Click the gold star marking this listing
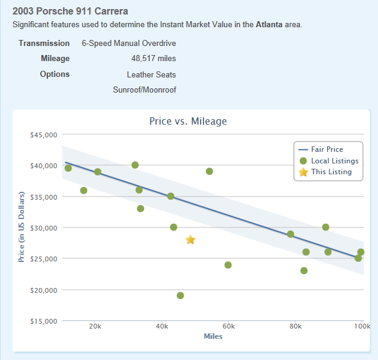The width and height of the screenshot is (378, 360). point(190,240)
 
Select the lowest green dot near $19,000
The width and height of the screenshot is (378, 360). point(180,296)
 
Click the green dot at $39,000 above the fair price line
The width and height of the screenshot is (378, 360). point(209,171)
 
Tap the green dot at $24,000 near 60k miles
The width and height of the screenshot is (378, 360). point(228,265)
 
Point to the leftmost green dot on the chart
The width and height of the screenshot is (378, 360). point(68,168)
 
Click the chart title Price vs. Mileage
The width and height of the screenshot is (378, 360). point(188,121)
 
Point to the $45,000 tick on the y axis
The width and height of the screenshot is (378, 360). point(44,134)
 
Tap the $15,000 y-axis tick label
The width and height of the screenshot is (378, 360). point(44,321)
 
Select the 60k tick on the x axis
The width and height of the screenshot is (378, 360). point(228,326)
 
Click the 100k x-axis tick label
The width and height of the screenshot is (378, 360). point(362,326)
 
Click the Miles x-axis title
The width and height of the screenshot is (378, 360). point(213,336)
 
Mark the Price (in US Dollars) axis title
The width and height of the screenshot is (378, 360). point(22,227)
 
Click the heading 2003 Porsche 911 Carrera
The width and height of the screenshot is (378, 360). point(70,11)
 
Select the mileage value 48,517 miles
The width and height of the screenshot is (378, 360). point(153,59)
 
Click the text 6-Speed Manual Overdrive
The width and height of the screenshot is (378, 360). point(129,44)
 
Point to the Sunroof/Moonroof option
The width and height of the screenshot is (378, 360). point(144,90)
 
